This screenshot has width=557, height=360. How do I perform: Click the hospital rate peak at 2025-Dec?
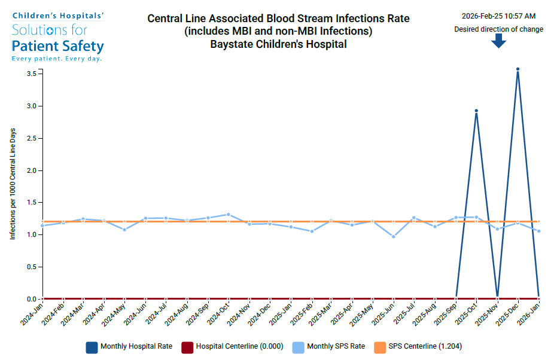(518, 69)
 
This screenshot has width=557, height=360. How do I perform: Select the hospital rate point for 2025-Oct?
(476, 111)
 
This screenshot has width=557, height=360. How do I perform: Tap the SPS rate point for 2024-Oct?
(228, 214)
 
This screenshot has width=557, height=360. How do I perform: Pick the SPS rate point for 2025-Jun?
(393, 237)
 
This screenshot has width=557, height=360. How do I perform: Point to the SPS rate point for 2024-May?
(124, 230)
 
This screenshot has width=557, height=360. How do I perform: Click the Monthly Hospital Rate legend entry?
(129, 346)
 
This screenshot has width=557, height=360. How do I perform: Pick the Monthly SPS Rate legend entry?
(328, 346)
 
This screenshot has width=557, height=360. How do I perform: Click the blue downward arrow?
(498, 41)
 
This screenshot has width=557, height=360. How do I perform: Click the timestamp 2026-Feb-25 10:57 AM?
(498, 16)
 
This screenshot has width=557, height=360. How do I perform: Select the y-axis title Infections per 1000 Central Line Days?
(13, 184)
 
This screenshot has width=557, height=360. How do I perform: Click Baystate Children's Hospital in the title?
(278, 44)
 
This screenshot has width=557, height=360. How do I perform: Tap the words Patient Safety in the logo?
(58, 46)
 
